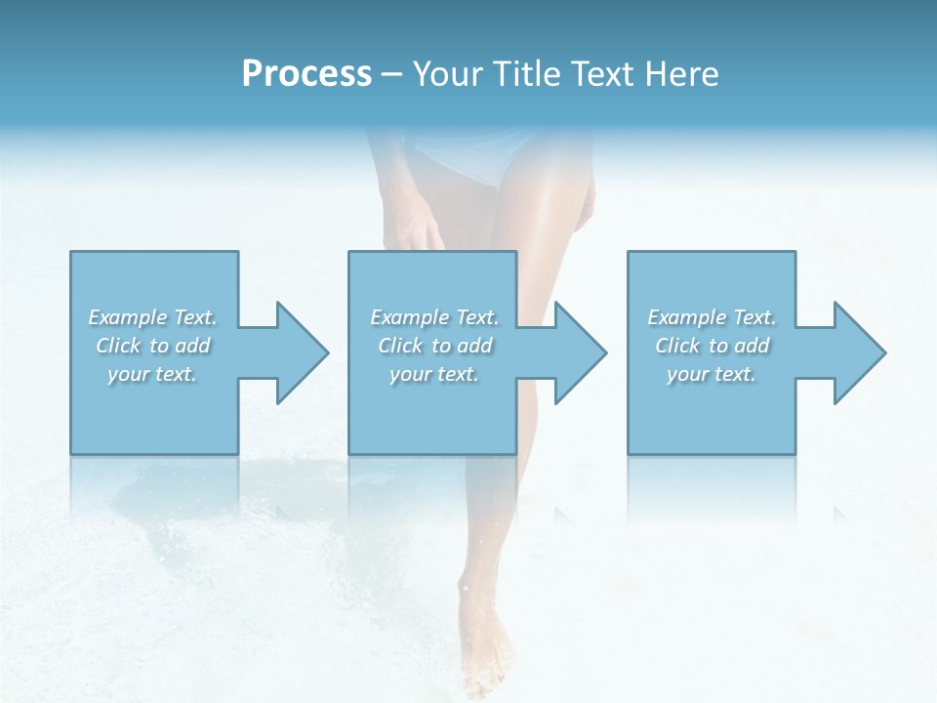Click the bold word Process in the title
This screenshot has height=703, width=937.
tap(306, 74)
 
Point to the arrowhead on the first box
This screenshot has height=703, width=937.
tap(298, 352)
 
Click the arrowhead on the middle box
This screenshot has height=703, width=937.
tap(577, 352)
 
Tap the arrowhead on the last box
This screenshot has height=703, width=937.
tap(856, 352)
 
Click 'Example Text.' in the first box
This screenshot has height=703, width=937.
tap(152, 317)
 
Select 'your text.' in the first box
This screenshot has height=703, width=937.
tap(152, 374)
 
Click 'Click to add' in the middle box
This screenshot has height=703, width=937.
tap(434, 346)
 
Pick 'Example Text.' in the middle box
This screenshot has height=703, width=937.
tap(434, 317)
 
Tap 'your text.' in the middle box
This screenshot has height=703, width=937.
tap(434, 374)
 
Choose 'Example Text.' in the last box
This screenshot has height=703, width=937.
tap(712, 317)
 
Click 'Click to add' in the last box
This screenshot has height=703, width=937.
tap(712, 346)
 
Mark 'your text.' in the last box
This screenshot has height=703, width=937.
tap(712, 374)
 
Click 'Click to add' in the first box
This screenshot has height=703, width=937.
tap(152, 346)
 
